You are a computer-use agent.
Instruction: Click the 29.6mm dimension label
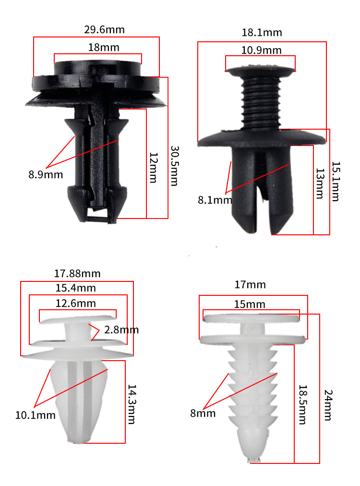(x=105, y=30)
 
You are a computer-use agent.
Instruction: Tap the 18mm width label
(x=104, y=48)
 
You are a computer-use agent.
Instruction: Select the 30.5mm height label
(x=175, y=166)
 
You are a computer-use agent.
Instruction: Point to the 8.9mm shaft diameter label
(x=46, y=174)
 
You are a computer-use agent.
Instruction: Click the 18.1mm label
(x=262, y=33)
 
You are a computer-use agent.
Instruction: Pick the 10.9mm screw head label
(x=262, y=50)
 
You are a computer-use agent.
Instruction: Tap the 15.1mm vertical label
(x=336, y=182)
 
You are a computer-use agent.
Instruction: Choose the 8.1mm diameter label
(x=215, y=200)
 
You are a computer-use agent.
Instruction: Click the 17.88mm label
(x=77, y=274)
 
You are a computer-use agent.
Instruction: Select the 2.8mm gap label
(x=121, y=330)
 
